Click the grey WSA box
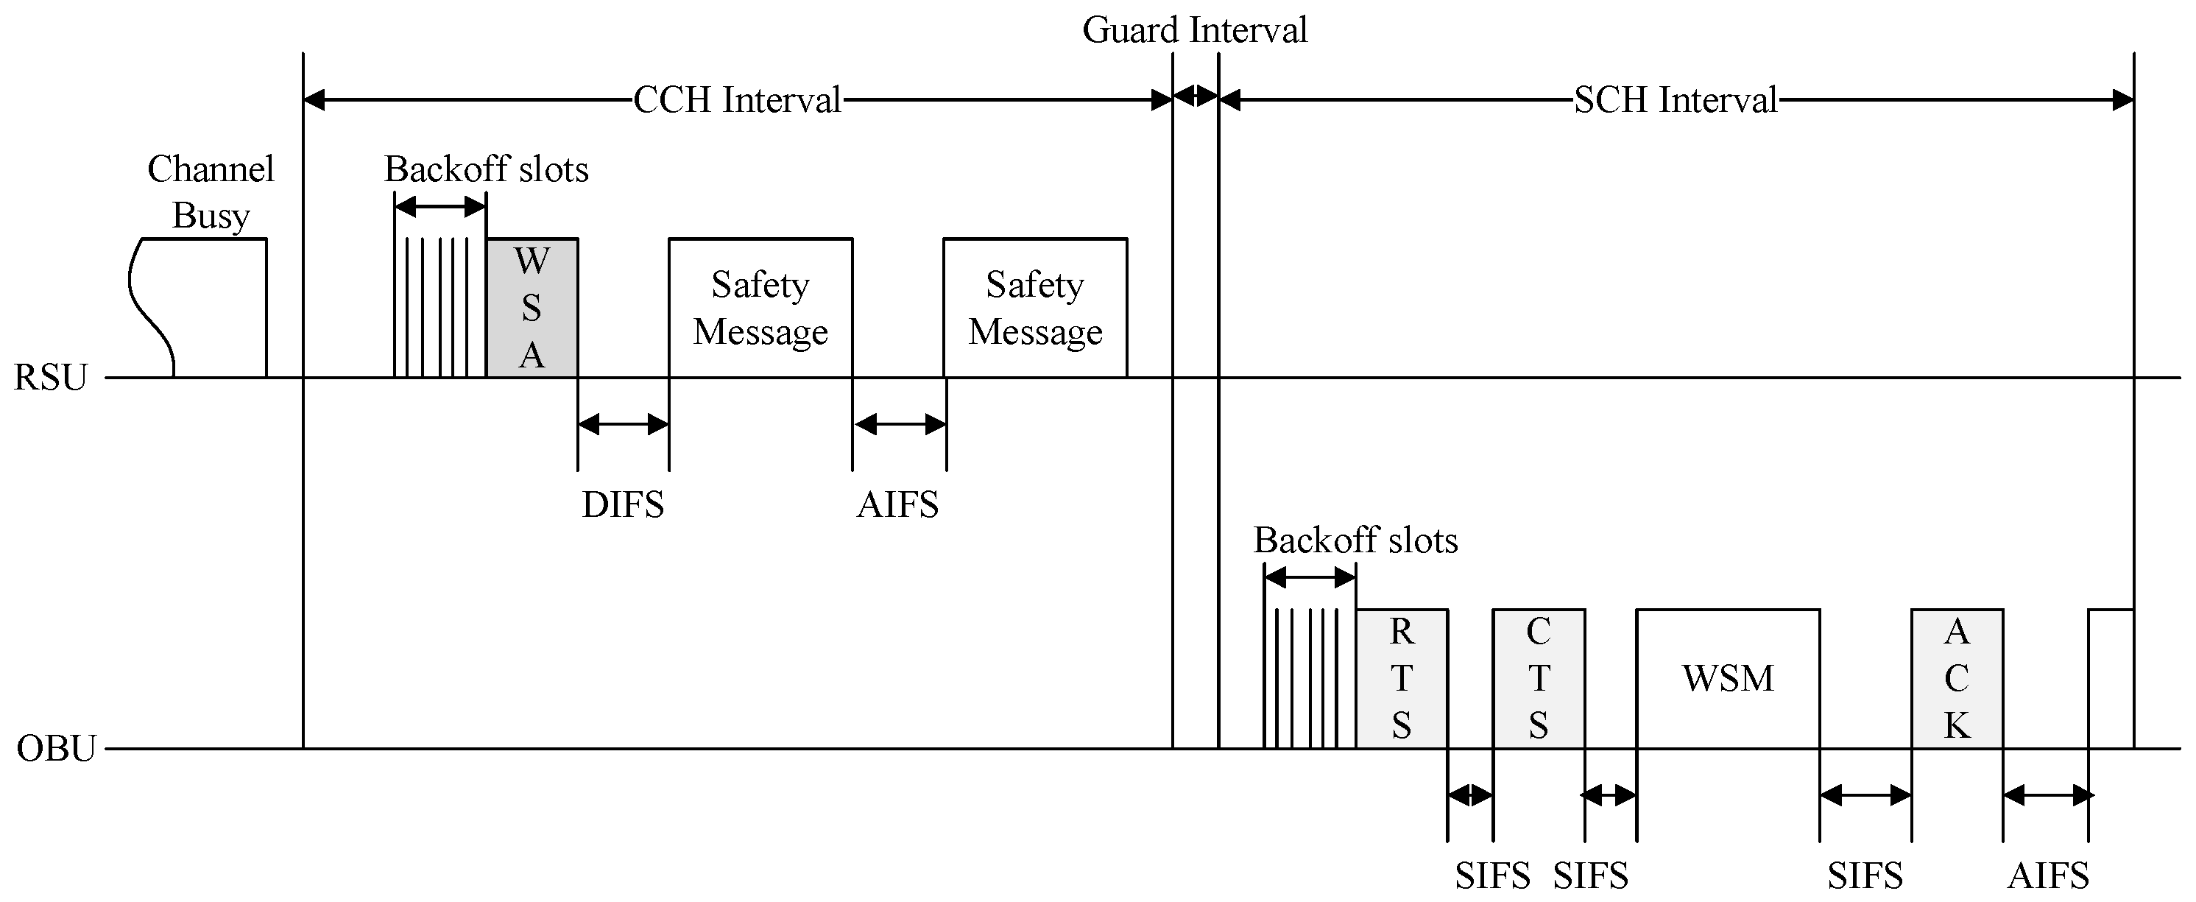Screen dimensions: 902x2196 (532, 308)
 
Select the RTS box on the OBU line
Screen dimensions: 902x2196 (1402, 679)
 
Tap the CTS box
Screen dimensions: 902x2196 (1539, 679)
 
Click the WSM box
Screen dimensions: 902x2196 (1728, 679)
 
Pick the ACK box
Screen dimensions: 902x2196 (1957, 679)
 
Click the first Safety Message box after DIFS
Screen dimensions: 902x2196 (760, 308)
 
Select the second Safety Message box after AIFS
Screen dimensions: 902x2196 (1035, 308)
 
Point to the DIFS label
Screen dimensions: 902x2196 (622, 504)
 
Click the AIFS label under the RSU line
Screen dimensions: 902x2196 (897, 504)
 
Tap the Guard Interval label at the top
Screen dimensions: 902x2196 (1194, 31)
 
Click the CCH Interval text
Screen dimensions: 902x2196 (738, 99)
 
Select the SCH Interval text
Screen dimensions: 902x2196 (1675, 99)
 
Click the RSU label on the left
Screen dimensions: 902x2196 (50, 378)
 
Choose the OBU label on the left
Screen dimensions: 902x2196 (55, 749)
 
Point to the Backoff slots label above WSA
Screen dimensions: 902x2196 (486, 169)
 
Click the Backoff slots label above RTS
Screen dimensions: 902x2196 (1355, 540)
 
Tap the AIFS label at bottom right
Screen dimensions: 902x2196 (2048, 875)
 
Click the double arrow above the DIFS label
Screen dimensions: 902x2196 (623, 423)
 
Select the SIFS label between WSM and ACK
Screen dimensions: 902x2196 (1865, 875)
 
